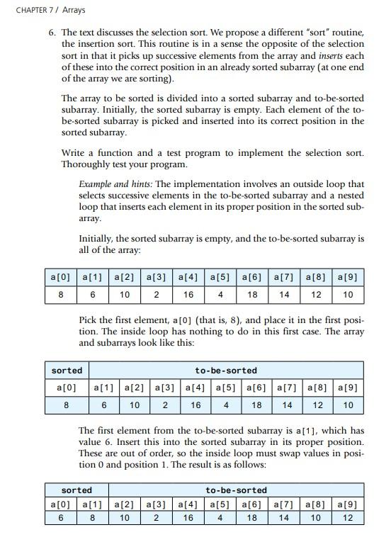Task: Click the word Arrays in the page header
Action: (x=74, y=10)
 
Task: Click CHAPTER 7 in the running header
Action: (x=34, y=10)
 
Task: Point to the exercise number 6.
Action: (x=52, y=33)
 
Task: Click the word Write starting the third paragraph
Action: (x=73, y=153)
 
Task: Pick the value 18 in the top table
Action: (x=252, y=294)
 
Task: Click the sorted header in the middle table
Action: (x=67, y=371)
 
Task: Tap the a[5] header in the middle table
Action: (x=225, y=388)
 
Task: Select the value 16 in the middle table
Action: (x=195, y=405)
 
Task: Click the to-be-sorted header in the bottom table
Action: (x=237, y=490)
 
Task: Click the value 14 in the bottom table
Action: (x=284, y=518)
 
